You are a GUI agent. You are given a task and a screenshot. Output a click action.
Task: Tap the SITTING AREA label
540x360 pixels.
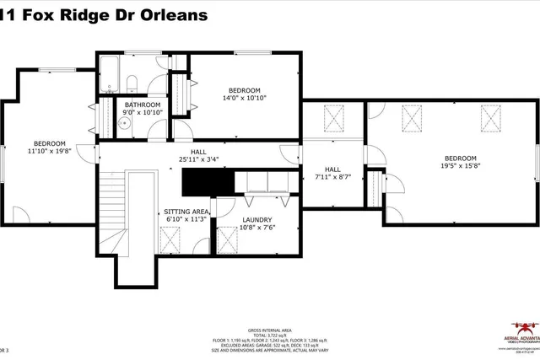click(183, 212)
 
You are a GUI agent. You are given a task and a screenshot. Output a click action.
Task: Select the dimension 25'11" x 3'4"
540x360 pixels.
click(198, 159)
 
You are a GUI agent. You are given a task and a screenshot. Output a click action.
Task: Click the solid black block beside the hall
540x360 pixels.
click(206, 180)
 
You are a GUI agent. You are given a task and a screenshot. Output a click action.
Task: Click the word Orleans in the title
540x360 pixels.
click(179, 15)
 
